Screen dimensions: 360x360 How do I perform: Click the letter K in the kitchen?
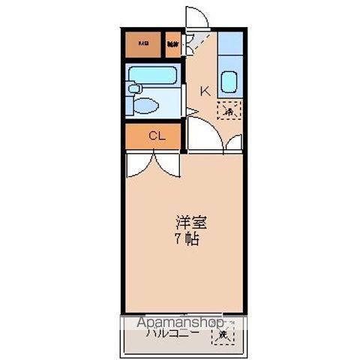click(203, 91)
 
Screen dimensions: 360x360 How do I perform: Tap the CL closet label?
click(156, 136)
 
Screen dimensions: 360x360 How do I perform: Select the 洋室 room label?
click(190, 223)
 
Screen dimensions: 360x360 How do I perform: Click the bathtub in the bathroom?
click(154, 76)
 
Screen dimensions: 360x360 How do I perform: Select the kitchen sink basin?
click(229, 81)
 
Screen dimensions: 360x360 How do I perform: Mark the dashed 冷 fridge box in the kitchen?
click(230, 111)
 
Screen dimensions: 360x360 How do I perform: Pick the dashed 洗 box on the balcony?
click(223, 335)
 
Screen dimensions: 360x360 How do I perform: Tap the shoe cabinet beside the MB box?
click(173, 43)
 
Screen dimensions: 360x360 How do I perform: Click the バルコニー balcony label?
click(173, 335)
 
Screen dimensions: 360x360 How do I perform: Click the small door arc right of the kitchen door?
click(235, 142)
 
